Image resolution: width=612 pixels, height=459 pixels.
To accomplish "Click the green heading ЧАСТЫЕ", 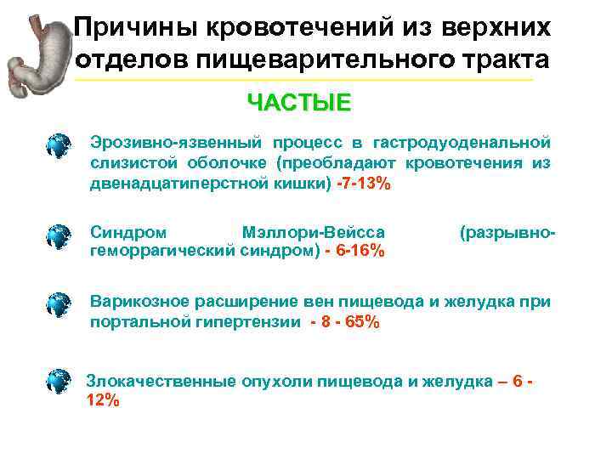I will (x=297, y=104).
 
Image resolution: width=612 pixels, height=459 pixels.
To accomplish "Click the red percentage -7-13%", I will (x=364, y=184).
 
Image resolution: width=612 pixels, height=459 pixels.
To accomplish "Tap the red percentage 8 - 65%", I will (x=348, y=322).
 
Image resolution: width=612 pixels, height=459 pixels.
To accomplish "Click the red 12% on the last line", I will (x=104, y=400).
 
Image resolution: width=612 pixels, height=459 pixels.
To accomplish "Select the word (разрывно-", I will (x=507, y=231).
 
